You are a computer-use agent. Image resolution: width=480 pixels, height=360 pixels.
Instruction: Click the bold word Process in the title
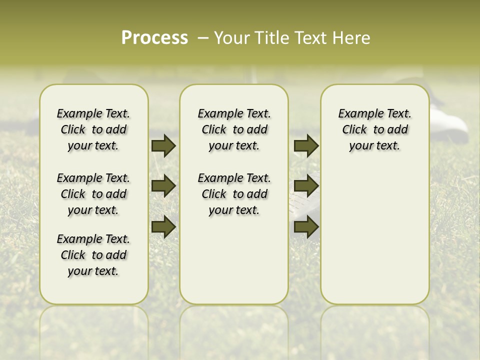point(154,38)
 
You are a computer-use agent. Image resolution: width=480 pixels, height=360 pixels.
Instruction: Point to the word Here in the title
point(352,38)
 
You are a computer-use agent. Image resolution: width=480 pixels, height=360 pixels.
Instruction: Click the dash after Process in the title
point(203,38)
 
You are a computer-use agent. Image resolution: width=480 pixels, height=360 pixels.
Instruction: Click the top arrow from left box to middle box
point(163,145)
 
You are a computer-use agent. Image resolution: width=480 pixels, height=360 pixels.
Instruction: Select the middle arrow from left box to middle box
point(163,186)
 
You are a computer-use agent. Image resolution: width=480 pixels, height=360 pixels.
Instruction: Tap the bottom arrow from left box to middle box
point(163,227)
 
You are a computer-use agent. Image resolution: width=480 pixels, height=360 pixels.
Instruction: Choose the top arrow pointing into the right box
point(306,145)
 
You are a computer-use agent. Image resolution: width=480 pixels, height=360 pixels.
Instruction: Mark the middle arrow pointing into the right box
point(306,186)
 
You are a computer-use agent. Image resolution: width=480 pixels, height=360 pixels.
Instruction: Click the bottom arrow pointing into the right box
point(306,227)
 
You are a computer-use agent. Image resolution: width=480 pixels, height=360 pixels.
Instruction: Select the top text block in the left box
point(93,129)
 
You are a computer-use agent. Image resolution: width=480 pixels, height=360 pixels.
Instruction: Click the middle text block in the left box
point(93,194)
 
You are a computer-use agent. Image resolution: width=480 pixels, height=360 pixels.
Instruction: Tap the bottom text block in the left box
point(93,255)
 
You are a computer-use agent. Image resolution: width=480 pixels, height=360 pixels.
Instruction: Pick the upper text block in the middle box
point(234,129)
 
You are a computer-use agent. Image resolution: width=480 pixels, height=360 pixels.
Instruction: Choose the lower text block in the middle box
point(234,194)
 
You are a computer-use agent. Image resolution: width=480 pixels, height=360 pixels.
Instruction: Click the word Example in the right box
point(357,113)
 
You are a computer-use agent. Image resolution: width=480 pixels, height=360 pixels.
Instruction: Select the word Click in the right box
point(354,129)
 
